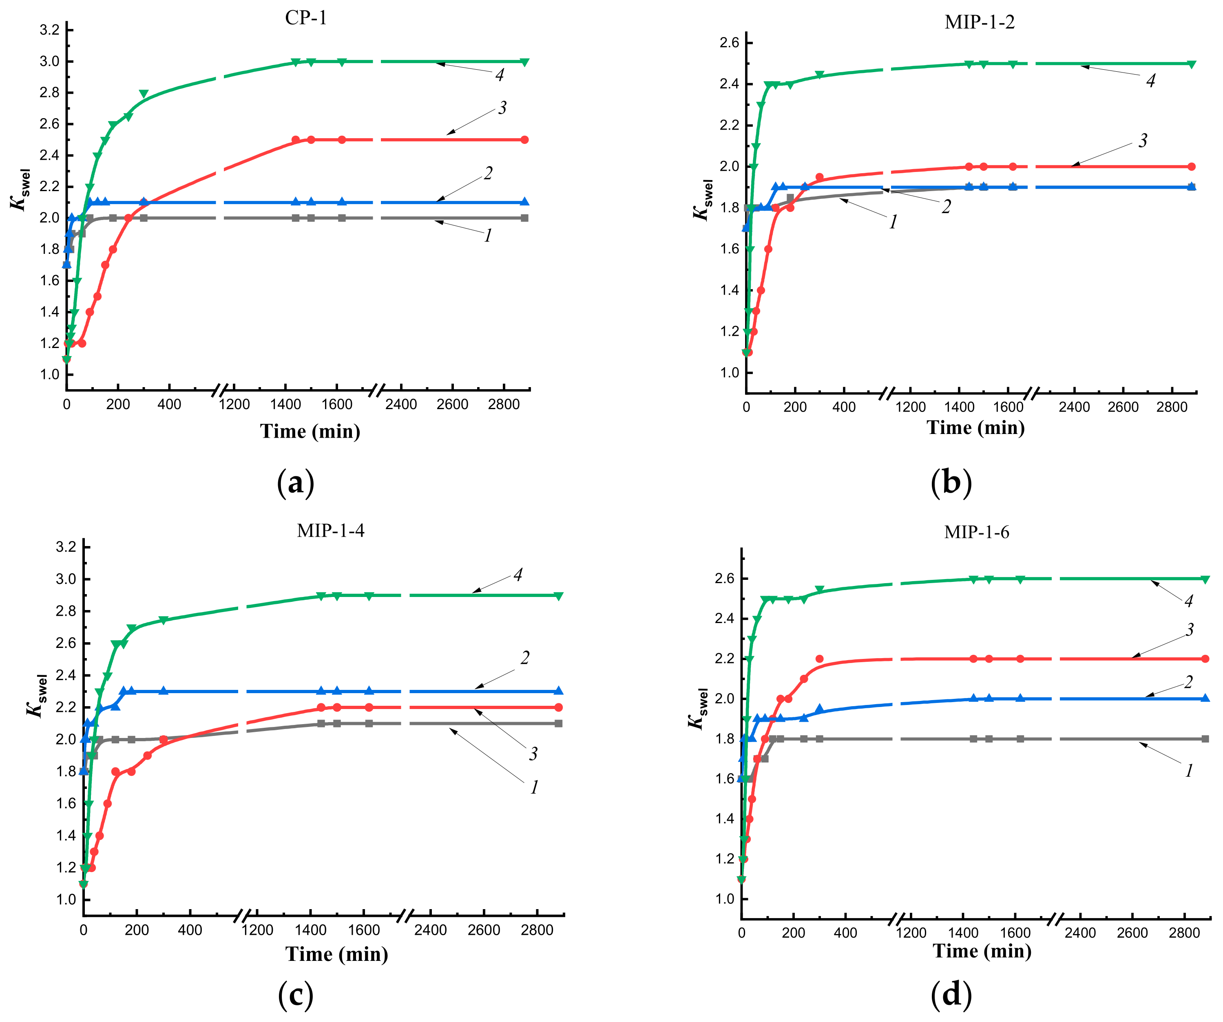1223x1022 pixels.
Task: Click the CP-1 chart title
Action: point(306,18)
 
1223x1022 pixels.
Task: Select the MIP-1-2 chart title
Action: point(980,22)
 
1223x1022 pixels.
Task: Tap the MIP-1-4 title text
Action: point(330,531)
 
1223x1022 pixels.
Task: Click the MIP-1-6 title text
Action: point(977,532)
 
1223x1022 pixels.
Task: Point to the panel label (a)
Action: point(296,482)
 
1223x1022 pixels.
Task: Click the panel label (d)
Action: point(951,995)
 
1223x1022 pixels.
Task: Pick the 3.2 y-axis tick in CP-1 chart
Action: point(49,30)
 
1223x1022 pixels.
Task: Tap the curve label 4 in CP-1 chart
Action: point(500,75)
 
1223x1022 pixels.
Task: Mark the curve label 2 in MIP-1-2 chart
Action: point(947,206)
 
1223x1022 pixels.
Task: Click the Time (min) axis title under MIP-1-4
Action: point(336,954)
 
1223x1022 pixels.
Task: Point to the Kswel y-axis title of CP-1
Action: point(20,189)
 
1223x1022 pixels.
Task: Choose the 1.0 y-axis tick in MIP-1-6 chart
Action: point(725,899)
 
